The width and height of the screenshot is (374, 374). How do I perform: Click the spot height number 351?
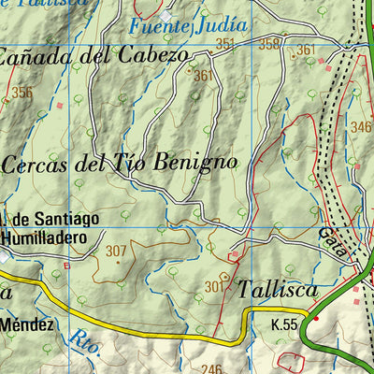coord(224,43)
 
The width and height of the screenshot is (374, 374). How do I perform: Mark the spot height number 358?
coord(269,43)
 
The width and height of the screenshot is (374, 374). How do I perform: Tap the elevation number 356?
coord(22,92)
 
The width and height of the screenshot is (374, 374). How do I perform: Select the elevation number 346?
coord(361,125)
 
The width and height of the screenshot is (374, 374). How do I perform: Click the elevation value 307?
coord(116,251)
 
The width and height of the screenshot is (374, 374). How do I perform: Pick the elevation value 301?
coord(214,286)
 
